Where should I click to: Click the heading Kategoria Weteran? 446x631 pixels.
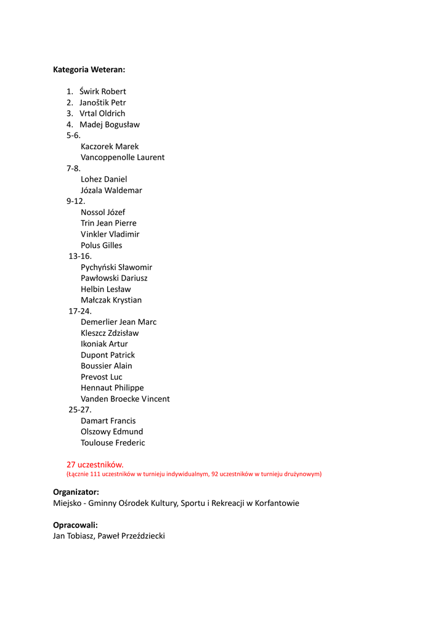[89, 70]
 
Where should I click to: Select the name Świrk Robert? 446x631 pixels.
[102, 92]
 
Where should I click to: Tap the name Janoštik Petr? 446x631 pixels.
[102, 103]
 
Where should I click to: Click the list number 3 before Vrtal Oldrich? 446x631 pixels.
[70, 113]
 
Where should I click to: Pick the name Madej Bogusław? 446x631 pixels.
[110, 124]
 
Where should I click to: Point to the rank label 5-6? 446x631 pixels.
[73, 136]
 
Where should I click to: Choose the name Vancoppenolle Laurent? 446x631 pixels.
[123, 158]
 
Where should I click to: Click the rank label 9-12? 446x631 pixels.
[76, 202]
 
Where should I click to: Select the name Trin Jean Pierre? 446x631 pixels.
[108, 223]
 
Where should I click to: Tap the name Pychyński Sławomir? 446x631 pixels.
[116, 267]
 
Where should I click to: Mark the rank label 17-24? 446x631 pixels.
[80, 311]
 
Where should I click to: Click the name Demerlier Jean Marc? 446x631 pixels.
[118, 322]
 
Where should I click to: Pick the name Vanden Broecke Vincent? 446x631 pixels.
[125, 399]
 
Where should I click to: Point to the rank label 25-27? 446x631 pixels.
[80, 410]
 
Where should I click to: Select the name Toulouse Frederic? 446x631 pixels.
[113, 443]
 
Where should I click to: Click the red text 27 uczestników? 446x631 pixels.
[95, 465]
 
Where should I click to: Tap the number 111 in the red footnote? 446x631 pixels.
[95, 474]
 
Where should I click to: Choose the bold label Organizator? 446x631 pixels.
[76, 492]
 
